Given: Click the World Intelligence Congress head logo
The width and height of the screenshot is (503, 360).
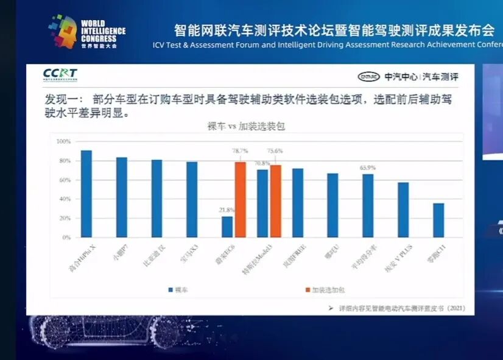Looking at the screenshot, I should click(x=64, y=31).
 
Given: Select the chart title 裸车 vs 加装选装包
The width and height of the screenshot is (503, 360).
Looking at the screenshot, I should click(x=246, y=126).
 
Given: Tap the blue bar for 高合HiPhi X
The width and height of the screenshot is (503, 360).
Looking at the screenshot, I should click(x=86, y=194).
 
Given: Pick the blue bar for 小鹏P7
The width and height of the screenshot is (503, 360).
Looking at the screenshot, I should click(x=122, y=197).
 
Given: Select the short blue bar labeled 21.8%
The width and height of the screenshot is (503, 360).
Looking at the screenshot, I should click(x=227, y=227).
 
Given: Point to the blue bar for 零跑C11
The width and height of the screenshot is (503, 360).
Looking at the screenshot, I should click(x=438, y=220).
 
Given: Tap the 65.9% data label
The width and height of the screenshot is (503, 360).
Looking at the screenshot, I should click(x=367, y=168).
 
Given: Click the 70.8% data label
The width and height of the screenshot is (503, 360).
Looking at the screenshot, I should click(x=262, y=163).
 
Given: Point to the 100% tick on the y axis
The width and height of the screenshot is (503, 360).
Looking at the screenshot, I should click(x=63, y=141).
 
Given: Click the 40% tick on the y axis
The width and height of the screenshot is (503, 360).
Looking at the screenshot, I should click(x=65, y=199).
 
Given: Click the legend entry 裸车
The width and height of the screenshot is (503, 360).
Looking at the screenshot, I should click(x=181, y=291).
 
